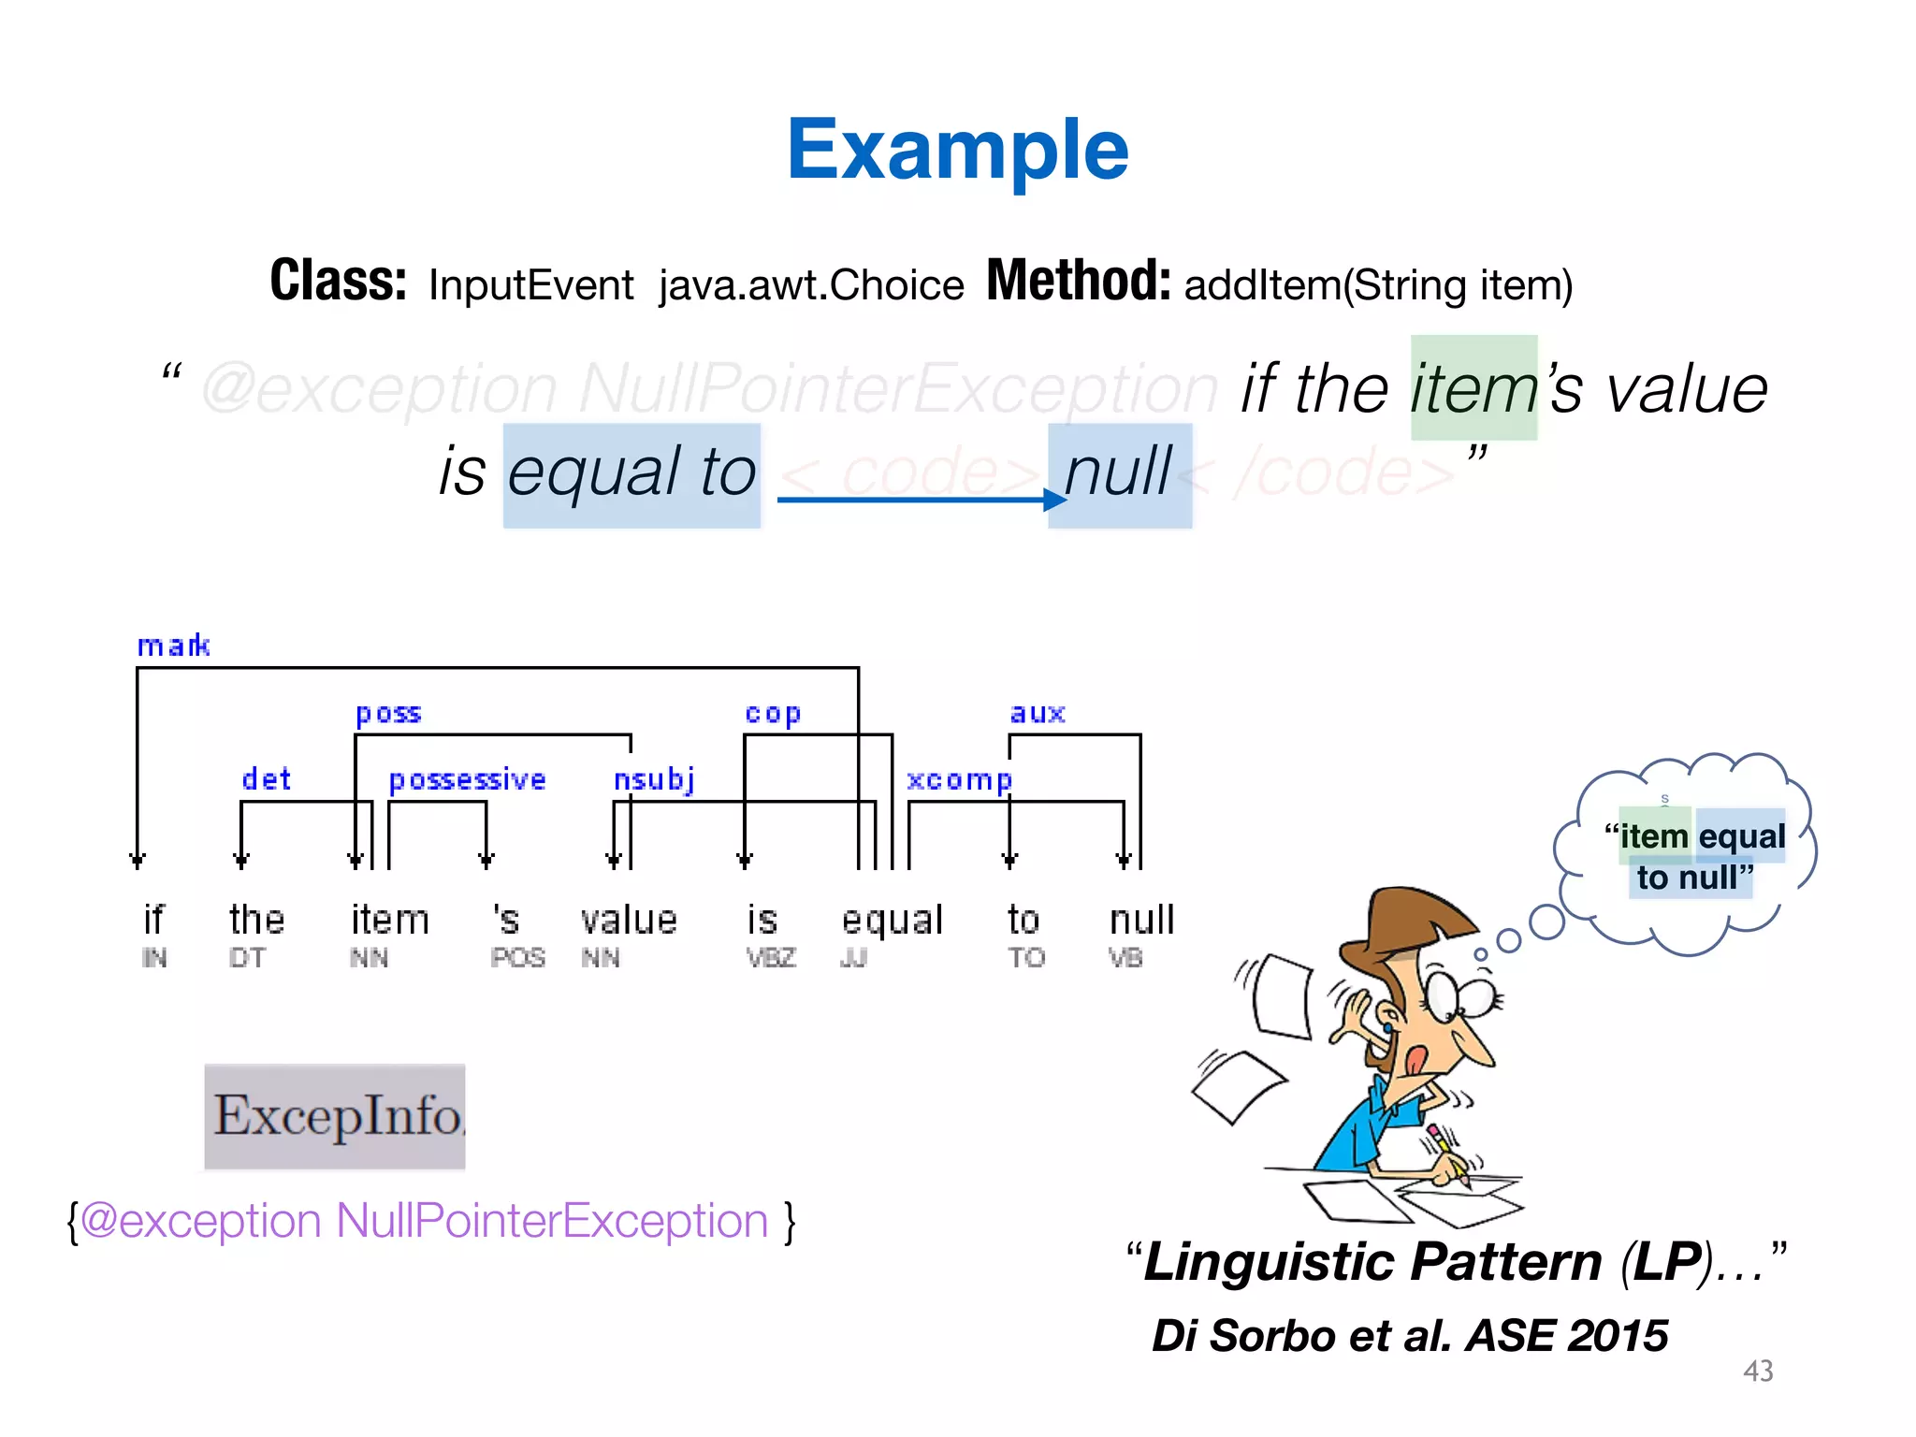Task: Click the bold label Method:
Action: point(1078,281)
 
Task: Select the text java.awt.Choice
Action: point(810,285)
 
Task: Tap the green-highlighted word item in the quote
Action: point(1473,388)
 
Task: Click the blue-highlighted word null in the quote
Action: point(1119,472)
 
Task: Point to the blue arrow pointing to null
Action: point(922,500)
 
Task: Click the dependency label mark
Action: point(174,646)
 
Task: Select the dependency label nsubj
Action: point(654,779)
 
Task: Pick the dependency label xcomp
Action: point(959,779)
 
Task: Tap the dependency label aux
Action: point(1038,713)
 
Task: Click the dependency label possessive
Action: point(467,779)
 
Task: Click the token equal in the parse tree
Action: point(892,921)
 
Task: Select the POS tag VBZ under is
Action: point(771,958)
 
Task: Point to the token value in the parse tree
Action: point(628,921)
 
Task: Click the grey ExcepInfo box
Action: point(335,1116)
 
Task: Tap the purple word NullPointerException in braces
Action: point(552,1221)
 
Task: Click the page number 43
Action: point(1758,1372)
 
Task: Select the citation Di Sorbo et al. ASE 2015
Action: point(1409,1336)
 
